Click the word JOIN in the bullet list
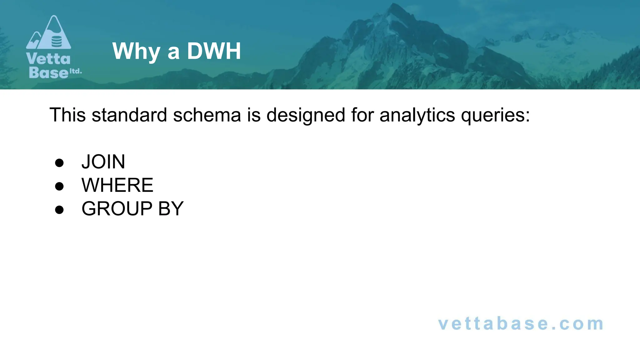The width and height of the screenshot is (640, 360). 103,162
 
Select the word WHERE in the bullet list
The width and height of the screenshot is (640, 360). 117,185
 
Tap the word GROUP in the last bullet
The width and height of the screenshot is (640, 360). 117,208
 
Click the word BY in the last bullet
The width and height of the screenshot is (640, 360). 171,208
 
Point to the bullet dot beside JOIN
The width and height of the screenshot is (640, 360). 59,163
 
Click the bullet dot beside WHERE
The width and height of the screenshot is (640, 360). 59,186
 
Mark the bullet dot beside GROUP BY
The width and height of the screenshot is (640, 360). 59,210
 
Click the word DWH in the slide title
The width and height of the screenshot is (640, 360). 214,51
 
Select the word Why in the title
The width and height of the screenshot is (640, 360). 136,51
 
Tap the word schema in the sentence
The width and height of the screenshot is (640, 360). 207,115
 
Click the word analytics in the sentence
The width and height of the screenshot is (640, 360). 417,115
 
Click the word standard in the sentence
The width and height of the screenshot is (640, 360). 129,115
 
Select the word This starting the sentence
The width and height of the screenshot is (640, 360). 67,115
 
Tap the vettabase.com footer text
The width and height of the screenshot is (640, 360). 521,324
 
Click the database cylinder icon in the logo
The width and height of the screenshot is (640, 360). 57,41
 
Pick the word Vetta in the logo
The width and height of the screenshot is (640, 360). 48,59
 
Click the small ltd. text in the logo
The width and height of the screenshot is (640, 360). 76,71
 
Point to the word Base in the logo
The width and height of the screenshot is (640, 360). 48,72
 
